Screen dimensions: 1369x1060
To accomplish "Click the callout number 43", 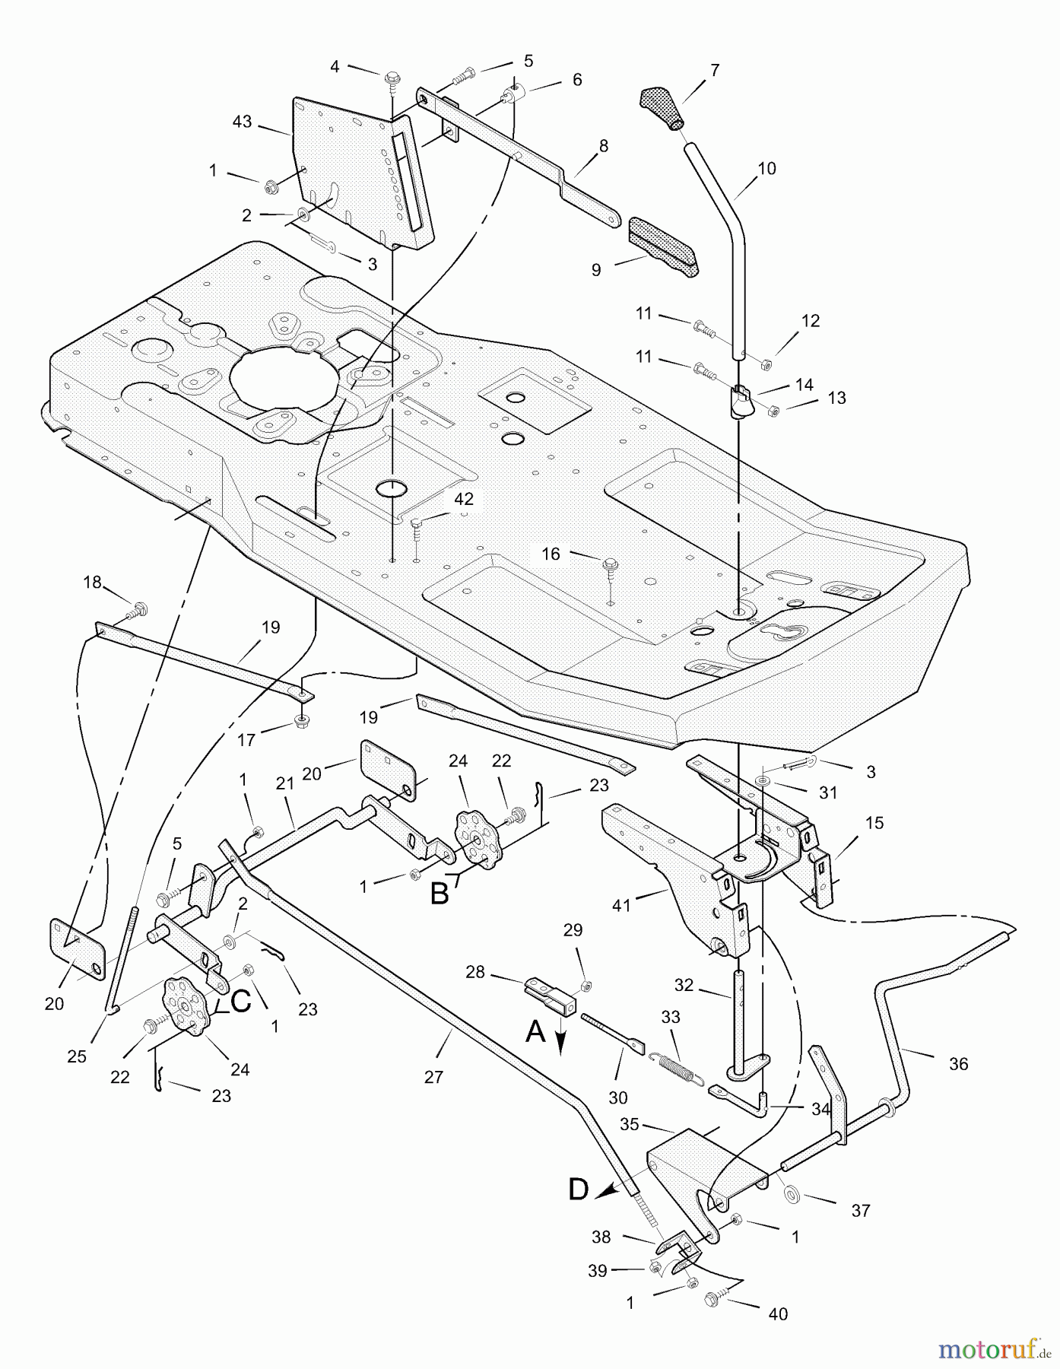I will pyautogui.click(x=242, y=122).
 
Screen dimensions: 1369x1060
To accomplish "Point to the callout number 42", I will pyautogui.click(x=463, y=499).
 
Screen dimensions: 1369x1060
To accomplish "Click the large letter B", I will pyautogui.click(x=440, y=893).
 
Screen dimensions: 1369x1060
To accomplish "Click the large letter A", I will pyautogui.click(x=536, y=1032).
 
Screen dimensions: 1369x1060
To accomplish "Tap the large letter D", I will pyautogui.click(x=579, y=1190).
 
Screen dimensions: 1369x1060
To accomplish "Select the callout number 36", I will pyautogui.click(x=959, y=1064).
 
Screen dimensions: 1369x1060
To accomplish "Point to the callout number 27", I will pyautogui.click(x=434, y=1076).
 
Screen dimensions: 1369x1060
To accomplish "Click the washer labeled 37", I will pyautogui.click(x=791, y=1196).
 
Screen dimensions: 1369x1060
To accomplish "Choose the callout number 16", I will pyautogui.click(x=551, y=554).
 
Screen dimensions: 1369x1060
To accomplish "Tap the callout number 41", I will pyautogui.click(x=622, y=905).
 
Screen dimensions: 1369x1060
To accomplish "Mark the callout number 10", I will pyautogui.click(x=767, y=168).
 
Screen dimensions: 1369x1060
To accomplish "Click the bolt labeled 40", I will pyautogui.click(x=716, y=1298).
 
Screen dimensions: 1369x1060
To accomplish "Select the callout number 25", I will pyautogui.click(x=77, y=1056).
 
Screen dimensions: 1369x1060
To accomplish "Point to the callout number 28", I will pyautogui.click(x=475, y=972).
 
